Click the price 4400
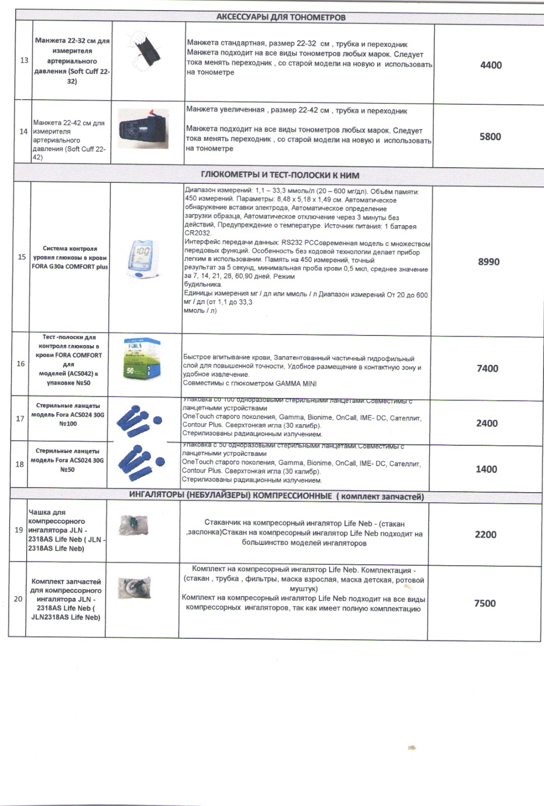click(x=491, y=65)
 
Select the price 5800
click(x=490, y=137)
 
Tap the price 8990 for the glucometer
click(x=488, y=262)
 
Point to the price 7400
click(x=487, y=369)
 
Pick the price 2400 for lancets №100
click(x=487, y=424)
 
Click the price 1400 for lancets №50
click(x=486, y=469)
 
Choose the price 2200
click(x=486, y=534)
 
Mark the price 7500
click(x=485, y=603)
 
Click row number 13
click(x=24, y=60)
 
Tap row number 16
click(x=21, y=364)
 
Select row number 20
click(x=18, y=599)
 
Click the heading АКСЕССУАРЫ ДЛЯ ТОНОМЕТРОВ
click(x=281, y=18)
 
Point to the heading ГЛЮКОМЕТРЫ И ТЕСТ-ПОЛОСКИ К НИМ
click(x=280, y=175)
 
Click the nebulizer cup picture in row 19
click(x=133, y=525)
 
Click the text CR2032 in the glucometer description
click(x=198, y=233)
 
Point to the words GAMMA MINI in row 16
click(x=296, y=383)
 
